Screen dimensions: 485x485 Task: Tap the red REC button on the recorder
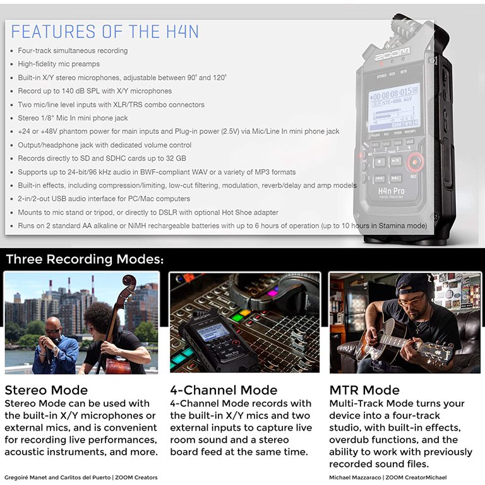[415, 163]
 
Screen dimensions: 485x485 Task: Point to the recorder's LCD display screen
[393, 106]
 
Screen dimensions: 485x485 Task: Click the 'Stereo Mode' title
[46, 390]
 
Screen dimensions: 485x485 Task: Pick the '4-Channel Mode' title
[224, 390]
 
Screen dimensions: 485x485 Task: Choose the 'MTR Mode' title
[364, 390]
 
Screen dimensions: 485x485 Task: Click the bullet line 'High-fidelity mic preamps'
[59, 64]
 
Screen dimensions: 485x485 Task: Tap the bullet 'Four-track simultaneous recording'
[73, 51]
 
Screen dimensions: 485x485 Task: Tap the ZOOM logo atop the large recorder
[392, 55]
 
